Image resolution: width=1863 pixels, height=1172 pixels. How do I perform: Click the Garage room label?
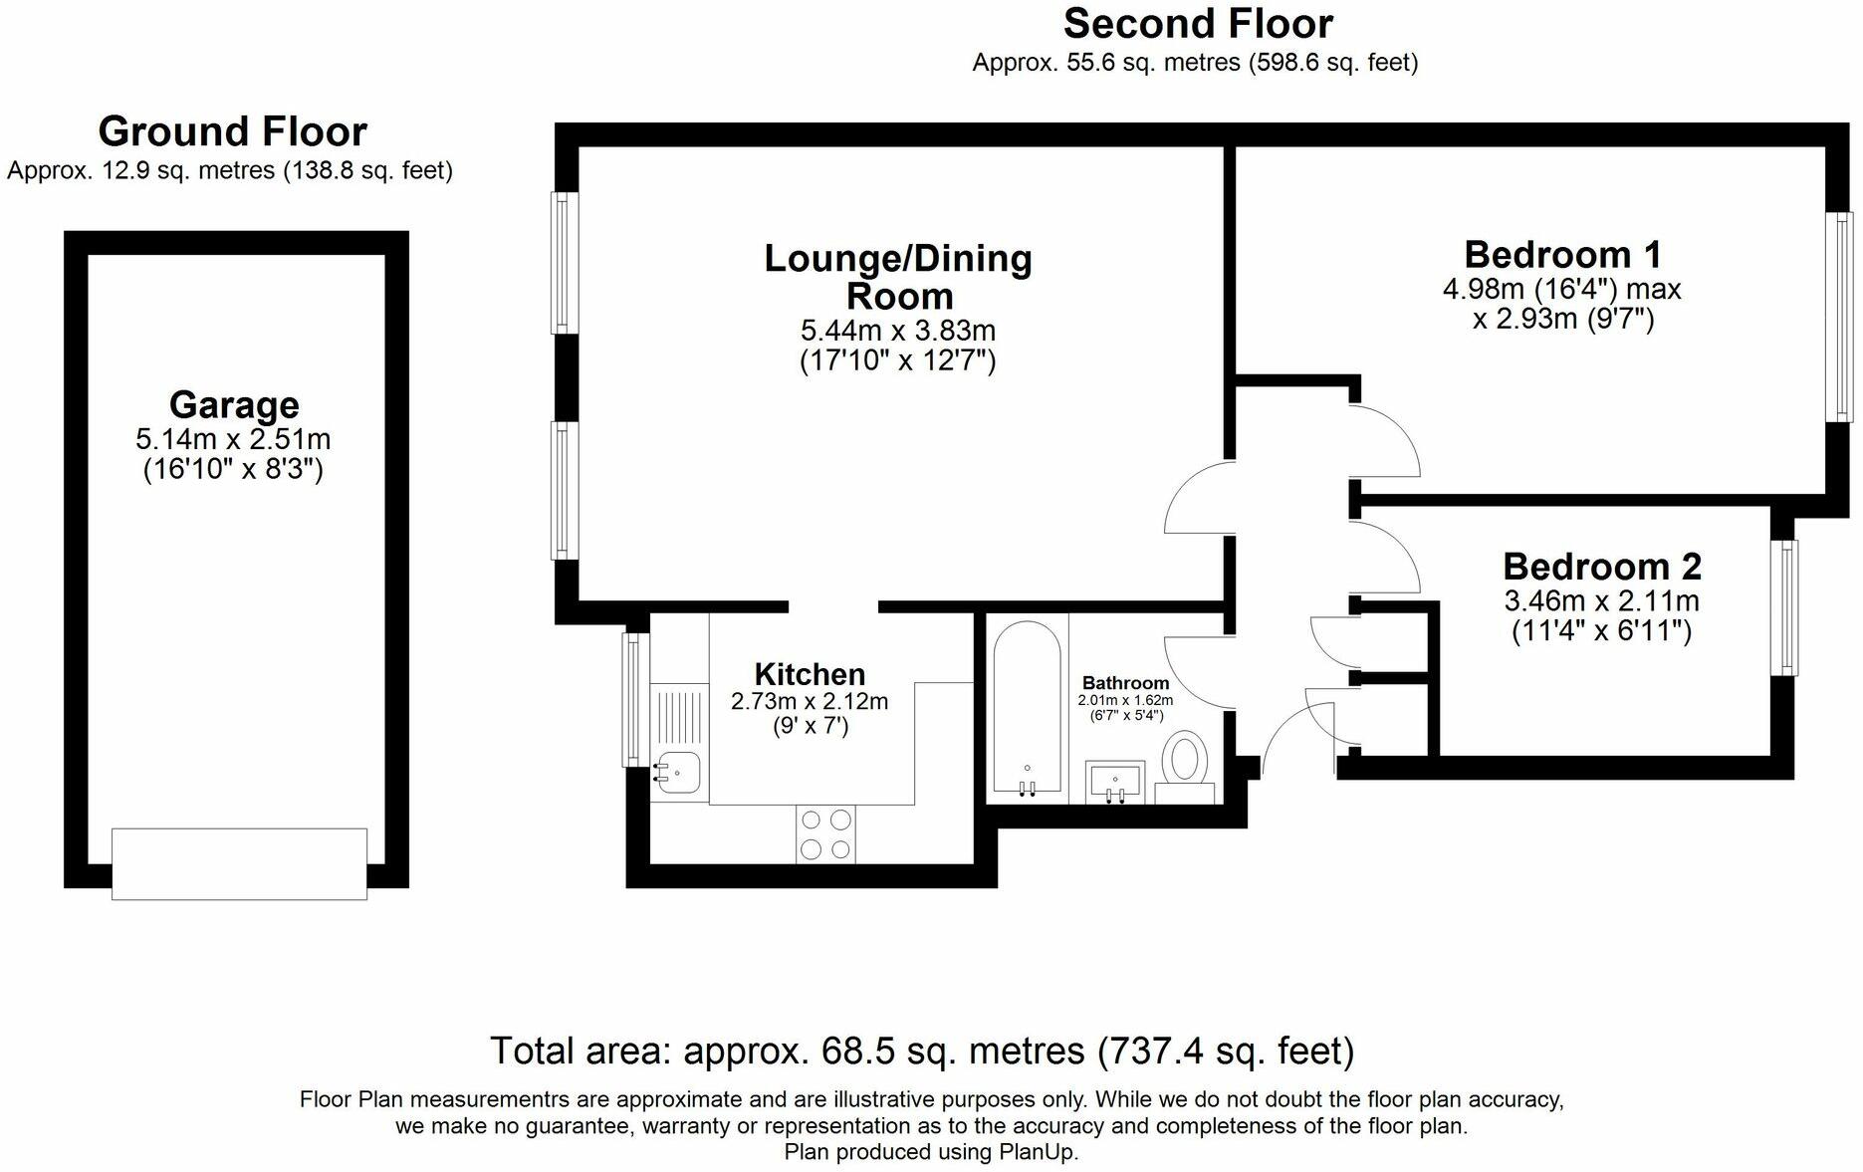point(234,405)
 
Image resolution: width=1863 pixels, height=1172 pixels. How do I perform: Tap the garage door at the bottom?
point(239,863)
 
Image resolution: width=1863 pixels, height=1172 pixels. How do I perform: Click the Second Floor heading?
point(1198,24)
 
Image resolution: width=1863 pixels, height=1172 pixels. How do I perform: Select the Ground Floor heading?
point(233,131)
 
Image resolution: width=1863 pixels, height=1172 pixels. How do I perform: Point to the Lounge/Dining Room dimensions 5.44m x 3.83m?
point(898,331)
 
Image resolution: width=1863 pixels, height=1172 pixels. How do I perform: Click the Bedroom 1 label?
point(1562,255)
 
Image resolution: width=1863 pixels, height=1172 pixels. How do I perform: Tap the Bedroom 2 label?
point(1601,567)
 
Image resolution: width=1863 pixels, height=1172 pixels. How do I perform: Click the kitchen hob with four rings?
point(826,834)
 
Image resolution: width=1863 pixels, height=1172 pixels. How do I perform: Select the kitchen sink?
point(678,772)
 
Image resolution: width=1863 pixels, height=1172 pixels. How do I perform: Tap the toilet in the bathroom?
point(1185,762)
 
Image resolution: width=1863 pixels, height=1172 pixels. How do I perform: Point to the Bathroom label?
point(1125,683)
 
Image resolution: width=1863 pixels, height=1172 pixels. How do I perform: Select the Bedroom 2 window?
point(1783,607)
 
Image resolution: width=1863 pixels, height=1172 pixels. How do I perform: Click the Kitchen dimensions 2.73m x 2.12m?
point(810,701)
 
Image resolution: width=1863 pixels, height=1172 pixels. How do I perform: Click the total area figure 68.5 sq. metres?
point(953,1051)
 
